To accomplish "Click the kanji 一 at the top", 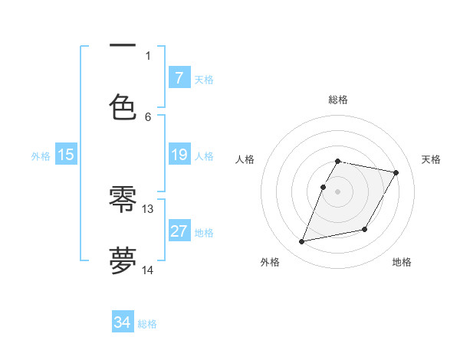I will [x=123, y=47].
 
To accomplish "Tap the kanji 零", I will [x=123, y=201].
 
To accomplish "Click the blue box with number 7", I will [x=179, y=77].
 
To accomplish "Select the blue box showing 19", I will [x=179, y=155].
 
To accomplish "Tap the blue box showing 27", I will [x=179, y=231].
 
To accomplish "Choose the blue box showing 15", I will [x=66, y=155].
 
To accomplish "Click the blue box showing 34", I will [x=123, y=322].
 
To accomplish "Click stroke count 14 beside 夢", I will [x=148, y=270].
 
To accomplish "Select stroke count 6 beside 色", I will [x=148, y=116].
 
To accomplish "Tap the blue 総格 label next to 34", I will [x=147, y=324].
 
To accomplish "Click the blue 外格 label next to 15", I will [x=41, y=156].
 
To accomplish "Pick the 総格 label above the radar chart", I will [x=338, y=100].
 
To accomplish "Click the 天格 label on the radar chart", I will [x=432, y=159].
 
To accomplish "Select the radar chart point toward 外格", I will [x=302, y=242].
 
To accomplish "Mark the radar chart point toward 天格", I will [x=396, y=173].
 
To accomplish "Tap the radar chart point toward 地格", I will [x=365, y=229].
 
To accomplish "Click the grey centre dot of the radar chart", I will [x=338, y=191].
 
